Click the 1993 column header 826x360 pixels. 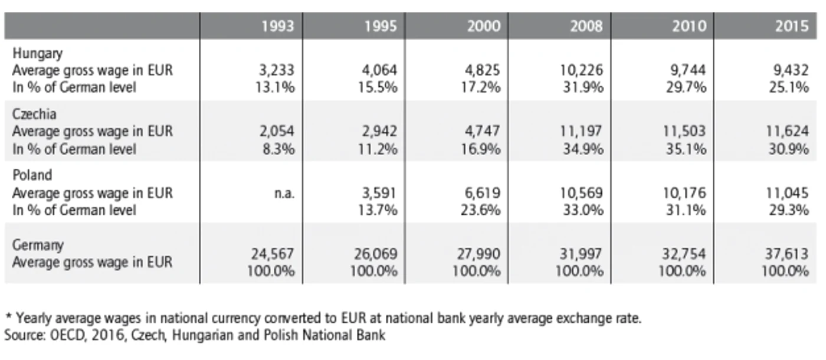pos(278,26)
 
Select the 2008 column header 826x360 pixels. pos(586,26)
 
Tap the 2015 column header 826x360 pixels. pos(792,26)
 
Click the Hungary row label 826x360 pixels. pos(37,54)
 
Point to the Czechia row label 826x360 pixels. pos(34,114)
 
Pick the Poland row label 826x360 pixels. pos(32,175)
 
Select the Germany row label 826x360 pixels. pos(38,246)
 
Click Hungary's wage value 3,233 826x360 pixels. pos(277,70)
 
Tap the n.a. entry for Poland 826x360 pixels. pos(284,194)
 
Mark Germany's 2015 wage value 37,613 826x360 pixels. pos(787,254)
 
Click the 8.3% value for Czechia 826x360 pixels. pos(278,149)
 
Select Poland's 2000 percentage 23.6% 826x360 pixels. pos(480,210)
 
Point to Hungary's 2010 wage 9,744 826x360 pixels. pos(688,70)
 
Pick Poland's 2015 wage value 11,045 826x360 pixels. pos(787,193)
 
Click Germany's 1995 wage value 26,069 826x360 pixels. pos(376,254)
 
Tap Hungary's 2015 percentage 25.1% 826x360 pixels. pos(789,87)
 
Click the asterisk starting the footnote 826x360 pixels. pos(9,316)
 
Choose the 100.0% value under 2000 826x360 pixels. pos(477,271)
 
